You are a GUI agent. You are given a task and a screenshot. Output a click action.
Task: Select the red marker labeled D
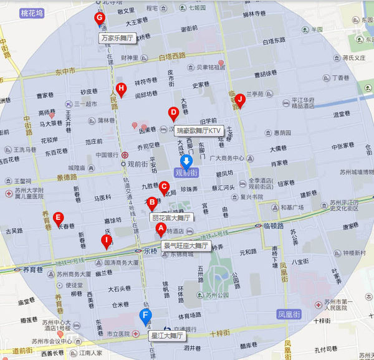173,113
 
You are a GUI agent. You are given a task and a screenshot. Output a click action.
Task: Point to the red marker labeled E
58,218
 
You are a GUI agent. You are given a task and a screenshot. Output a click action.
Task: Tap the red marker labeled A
160,229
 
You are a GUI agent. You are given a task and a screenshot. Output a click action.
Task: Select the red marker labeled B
151,202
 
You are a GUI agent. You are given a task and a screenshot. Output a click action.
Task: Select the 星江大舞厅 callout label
168,336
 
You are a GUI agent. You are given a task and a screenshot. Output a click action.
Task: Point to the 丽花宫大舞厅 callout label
171,218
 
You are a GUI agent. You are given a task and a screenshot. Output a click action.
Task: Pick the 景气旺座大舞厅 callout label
185,246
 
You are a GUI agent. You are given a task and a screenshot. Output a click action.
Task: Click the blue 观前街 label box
185,172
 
